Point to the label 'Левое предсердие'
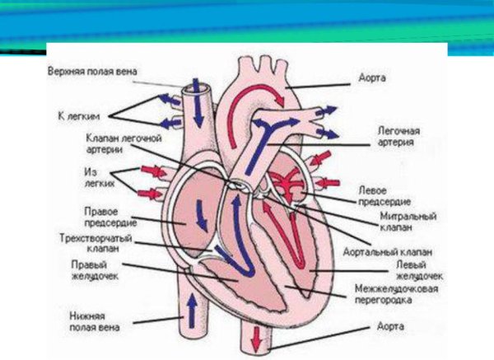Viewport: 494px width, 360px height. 382,195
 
